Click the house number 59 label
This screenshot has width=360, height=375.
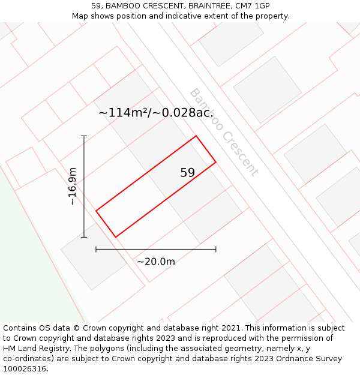[188, 173]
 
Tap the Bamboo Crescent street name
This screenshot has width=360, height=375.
[224, 132]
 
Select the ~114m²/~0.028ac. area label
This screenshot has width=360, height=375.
[156, 113]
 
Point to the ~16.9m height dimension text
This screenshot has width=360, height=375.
[73, 187]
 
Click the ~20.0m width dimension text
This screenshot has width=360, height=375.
[156, 262]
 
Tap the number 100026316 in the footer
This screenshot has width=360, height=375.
[25, 369]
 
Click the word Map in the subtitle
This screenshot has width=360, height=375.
[80, 16]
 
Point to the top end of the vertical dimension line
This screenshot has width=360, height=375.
[84, 136]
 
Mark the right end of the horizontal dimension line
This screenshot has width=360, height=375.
[216, 249]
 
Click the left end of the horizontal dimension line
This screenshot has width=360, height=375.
[96, 249]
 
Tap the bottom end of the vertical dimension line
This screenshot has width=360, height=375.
[84, 237]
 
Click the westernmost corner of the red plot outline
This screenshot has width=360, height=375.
[96, 211]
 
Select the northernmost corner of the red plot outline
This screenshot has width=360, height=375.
[196, 136]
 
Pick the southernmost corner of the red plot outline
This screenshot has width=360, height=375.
[116, 237]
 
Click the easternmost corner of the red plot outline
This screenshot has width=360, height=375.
[215, 162]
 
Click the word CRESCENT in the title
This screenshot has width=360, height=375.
[150, 5]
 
